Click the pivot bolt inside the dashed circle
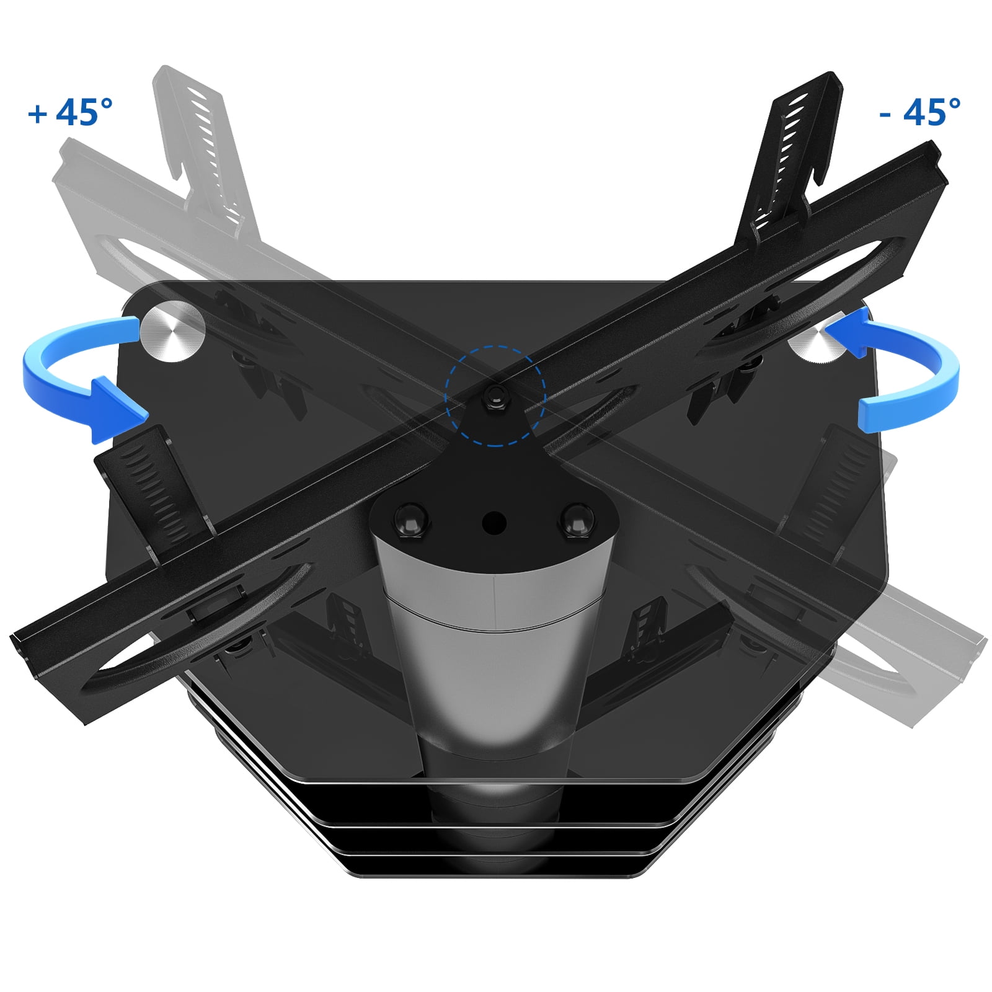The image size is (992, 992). click(x=495, y=394)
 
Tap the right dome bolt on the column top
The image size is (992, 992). click(x=577, y=518)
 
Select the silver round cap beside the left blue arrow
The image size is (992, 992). click(x=172, y=331)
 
